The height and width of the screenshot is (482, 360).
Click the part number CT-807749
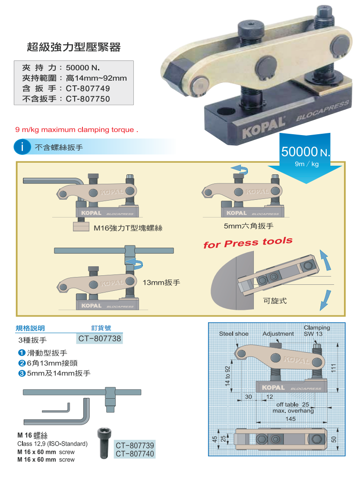[88, 88]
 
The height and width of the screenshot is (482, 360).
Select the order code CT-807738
[100, 339]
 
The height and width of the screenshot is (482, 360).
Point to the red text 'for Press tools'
[248, 243]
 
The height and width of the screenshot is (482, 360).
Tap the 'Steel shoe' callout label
[234, 334]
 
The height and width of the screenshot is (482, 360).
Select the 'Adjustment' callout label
[278, 334]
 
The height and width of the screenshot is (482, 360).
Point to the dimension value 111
[333, 368]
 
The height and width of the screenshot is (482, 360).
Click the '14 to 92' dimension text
[227, 376]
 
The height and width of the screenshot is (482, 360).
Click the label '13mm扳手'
[161, 283]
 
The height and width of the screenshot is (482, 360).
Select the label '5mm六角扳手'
[249, 226]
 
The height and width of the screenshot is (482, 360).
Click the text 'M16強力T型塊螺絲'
[128, 228]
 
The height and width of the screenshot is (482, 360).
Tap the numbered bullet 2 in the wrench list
[22, 363]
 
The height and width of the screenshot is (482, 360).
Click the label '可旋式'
[275, 300]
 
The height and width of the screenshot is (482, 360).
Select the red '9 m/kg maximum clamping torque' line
[77, 129]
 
